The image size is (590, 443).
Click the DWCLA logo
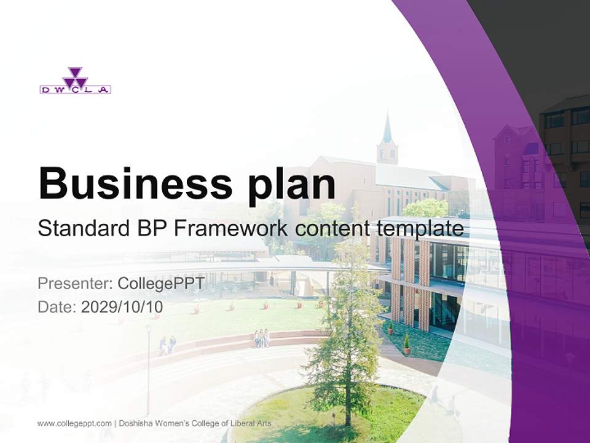(75, 81)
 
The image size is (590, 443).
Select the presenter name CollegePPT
(161, 284)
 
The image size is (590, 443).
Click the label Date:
(57, 306)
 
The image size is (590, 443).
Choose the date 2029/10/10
(122, 306)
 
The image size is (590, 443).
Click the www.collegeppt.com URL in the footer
(74, 423)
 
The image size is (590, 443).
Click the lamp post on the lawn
(148, 369)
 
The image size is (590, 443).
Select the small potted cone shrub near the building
(406, 345)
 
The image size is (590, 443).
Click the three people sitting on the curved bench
(262, 338)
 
